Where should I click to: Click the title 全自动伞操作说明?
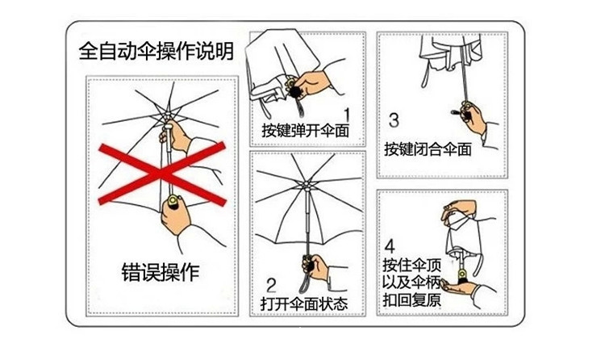click(156, 52)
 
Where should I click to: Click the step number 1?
click(348, 115)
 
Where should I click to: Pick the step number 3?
click(394, 120)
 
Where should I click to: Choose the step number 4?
click(390, 246)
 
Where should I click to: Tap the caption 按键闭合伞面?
click(428, 149)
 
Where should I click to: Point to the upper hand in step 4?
click(465, 212)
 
